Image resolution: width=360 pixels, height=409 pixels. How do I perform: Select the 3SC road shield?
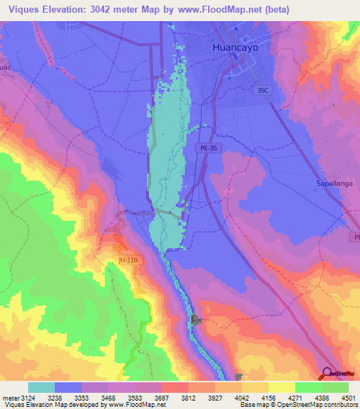click(x=263, y=90)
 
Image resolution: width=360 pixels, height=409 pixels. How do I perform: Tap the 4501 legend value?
click(x=349, y=397)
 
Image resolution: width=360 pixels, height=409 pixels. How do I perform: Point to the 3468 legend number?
click(x=108, y=397)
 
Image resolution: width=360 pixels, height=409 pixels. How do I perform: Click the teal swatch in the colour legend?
click(x=41, y=387)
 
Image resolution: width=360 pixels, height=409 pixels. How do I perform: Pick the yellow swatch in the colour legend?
click(x=282, y=387)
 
